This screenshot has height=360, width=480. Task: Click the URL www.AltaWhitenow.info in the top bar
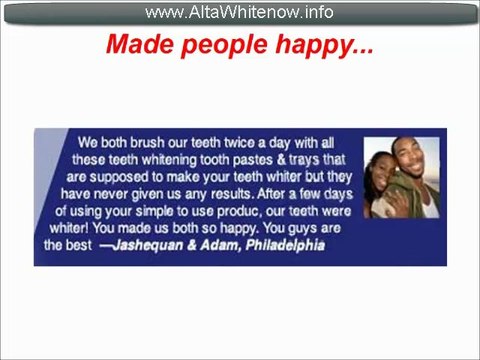point(239,12)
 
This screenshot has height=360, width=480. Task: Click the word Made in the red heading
point(136,46)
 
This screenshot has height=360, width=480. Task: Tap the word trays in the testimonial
point(312,159)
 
